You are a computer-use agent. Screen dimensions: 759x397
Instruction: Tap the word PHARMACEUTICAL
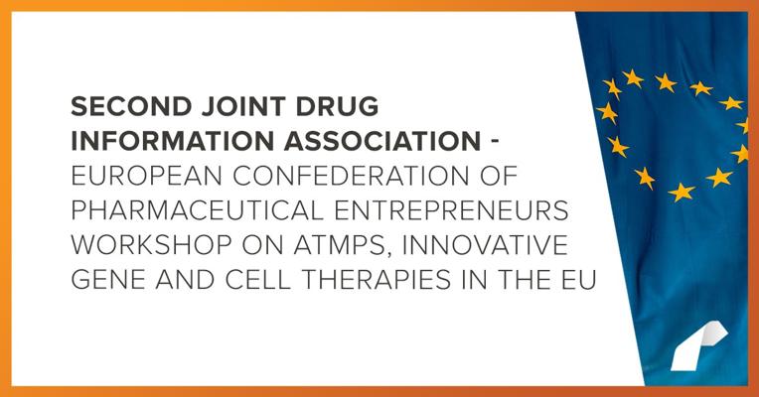pos(197,210)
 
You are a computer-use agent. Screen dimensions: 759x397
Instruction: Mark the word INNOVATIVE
pos(485,246)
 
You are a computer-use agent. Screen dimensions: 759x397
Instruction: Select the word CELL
pos(258,281)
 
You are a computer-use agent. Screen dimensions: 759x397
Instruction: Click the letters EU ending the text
pos(578,281)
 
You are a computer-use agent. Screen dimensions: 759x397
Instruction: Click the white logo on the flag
pos(697,346)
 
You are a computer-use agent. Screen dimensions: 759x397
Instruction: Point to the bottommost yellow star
pos(682,192)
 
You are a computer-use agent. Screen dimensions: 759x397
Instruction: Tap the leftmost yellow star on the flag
pos(607,113)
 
